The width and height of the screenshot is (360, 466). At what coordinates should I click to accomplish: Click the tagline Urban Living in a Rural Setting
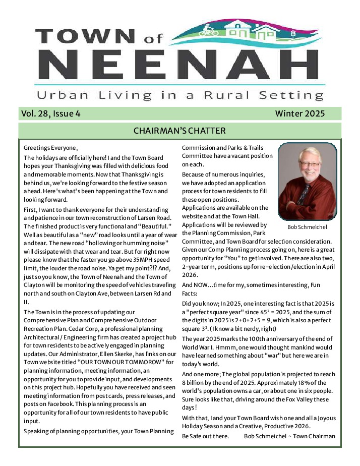click(x=180, y=95)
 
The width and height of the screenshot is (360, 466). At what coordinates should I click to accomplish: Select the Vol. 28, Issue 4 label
click(x=50, y=114)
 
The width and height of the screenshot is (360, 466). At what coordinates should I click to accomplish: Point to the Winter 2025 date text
click(x=299, y=114)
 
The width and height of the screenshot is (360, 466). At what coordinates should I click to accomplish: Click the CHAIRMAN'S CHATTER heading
click(x=179, y=131)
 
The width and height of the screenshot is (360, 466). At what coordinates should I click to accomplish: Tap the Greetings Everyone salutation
click(x=51, y=148)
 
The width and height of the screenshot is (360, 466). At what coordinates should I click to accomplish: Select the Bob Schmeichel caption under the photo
click(x=307, y=227)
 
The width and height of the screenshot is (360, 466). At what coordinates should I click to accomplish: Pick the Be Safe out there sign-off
click(x=205, y=436)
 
